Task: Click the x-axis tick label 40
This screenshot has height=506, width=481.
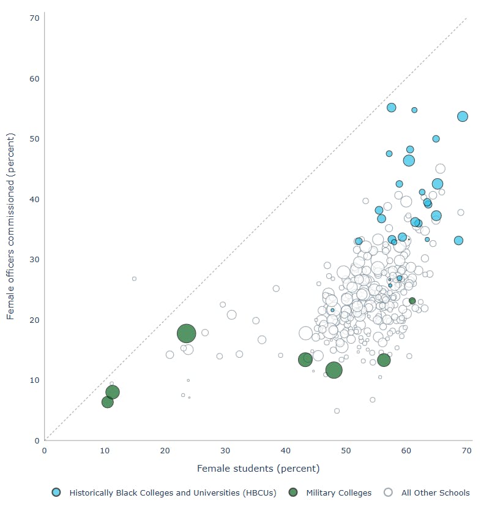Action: (x=286, y=451)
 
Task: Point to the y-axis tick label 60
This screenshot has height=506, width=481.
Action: (x=34, y=78)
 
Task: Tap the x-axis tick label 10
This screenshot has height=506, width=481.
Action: (x=105, y=451)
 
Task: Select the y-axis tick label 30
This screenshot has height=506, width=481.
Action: (x=34, y=260)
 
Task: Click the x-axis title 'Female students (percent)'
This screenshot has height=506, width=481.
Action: (x=258, y=469)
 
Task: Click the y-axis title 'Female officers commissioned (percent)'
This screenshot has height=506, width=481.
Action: (x=10, y=229)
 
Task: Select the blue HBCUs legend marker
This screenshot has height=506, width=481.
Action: (x=56, y=493)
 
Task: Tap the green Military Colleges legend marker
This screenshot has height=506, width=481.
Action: (x=294, y=493)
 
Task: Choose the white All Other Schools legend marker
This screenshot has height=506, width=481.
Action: (x=389, y=493)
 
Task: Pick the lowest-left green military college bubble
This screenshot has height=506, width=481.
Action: (x=108, y=402)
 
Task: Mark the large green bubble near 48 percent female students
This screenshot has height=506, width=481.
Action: (x=334, y=370)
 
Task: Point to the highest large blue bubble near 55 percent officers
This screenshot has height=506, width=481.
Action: (x=391, y=108)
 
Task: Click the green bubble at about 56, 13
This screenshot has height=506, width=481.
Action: (x=384, y=360)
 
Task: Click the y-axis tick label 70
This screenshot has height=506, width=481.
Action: (x=34, y=18)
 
